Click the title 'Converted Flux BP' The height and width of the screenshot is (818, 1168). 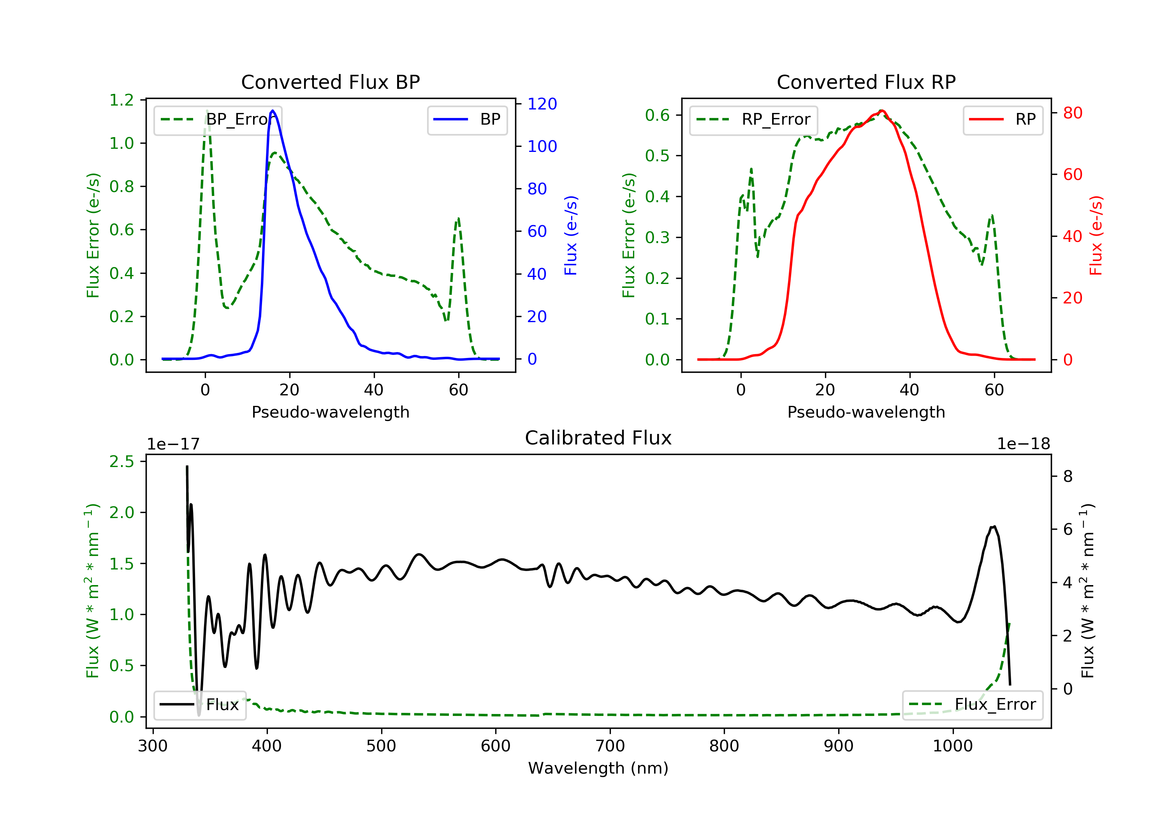pos(330,82)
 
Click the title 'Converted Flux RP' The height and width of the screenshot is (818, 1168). pos(866,82)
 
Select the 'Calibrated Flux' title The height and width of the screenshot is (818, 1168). pos(598,438)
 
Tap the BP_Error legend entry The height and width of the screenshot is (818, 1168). pos(218,120)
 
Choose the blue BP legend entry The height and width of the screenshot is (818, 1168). pos(467,120)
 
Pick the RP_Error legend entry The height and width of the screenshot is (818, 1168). pos(753,120)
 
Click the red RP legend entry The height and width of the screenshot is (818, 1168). pos(1003,120)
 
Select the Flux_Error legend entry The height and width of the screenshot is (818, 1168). pos(972,705)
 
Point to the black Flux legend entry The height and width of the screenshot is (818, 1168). pos(199,705)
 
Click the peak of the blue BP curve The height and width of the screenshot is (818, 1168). pos(273,111)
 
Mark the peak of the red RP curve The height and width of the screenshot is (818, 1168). pos(881,111)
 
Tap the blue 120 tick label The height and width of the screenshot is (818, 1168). pos(542,104)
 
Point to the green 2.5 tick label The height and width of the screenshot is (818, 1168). pos(121,461)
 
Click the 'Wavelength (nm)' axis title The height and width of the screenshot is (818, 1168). pos(598,768)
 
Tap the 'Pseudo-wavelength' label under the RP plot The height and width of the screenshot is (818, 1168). pos(866,412)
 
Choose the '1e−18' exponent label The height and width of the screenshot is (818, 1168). pos(1024,444)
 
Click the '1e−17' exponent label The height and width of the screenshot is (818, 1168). pos(174,444)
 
